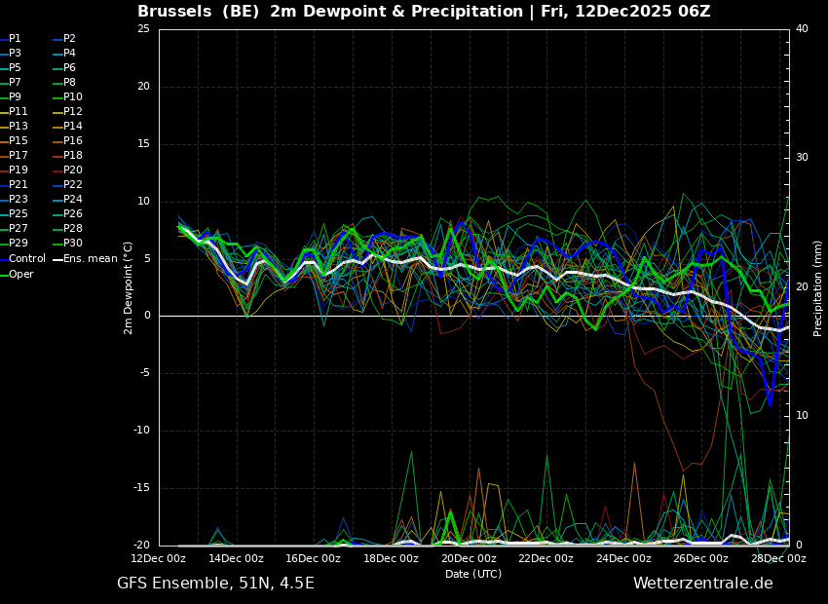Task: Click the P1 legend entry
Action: pyautogui.click(x=15, y=39)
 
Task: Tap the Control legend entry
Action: pyautogui.click(x=26, y=259)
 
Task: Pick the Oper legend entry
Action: pyautogui.click(x=21, y=275)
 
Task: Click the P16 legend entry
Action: pyautogui.click(x=73, y=141)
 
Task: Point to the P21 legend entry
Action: pyautogui.click(x=19, y=185)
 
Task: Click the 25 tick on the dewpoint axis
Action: pyautogui.click(x=143, y=29)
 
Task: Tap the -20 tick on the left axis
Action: pyautogui.click(x=141, y=546)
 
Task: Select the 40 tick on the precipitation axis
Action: pyautogui.click(x=802, y=29)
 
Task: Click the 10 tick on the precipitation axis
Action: pyautogui.click(x=802, y=416)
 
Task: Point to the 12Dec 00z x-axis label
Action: pyautogui.click(x=159, y=559)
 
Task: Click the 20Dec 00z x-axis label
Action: pyautogui.click(x=469, y=559)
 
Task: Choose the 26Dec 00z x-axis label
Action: pyautogui.click(x=700, y=559)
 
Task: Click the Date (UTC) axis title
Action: pyautogui.click(x=473, y=575)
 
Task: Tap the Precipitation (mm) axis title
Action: pyautogui.click(x=818, y=287)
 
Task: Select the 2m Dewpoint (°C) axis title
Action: pyautogui.click(x=129, y=287)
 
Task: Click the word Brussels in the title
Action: pyautogui.click(x=176, y=12)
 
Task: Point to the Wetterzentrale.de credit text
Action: pyautogui.click(x=702, y=584)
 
